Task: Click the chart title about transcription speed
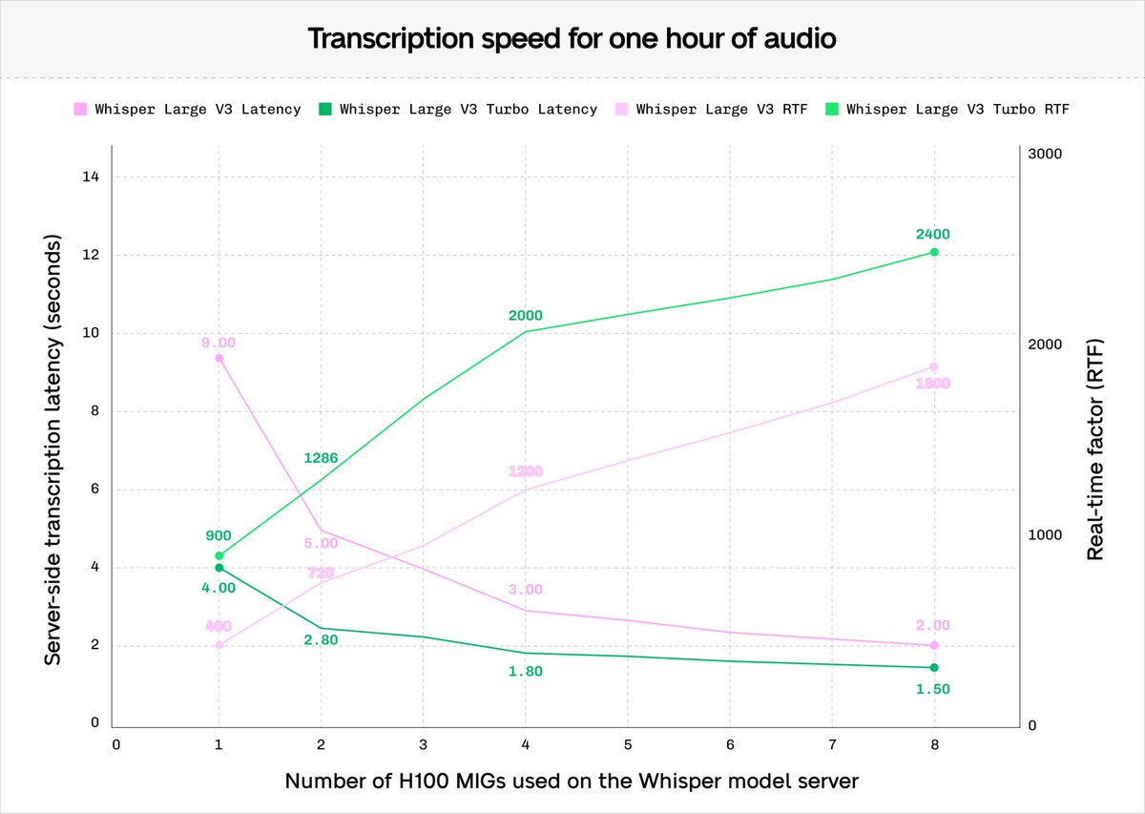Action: coord(572,39)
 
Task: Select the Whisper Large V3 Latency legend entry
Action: coord(188,110)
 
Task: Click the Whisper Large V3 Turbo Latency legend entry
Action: coord(458,110)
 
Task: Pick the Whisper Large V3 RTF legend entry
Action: coord(712,110)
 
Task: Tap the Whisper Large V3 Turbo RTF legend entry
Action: coord(947,110)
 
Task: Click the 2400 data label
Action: coord(933,234)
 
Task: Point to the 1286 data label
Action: coord(321,458)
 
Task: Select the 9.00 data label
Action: coord(218,343)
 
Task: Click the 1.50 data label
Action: coord(933,689)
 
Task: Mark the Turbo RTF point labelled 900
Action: coord(219,555)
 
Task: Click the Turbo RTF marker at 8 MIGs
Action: coord(934,252)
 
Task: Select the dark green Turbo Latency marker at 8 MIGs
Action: coord(934,668)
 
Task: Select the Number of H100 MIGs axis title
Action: coord(572,782)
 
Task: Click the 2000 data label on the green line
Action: coord(525,316)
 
